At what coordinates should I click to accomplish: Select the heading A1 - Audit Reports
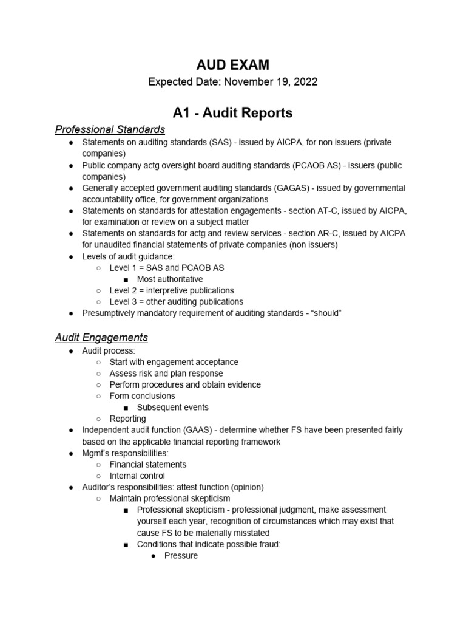(233, 112)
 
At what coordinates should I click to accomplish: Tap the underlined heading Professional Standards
(110, 129)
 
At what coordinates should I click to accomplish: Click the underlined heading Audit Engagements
(101, 337)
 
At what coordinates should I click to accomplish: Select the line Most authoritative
(170, 279)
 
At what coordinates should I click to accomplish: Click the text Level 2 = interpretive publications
(172, 290)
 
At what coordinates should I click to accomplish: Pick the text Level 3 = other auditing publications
(177, 302)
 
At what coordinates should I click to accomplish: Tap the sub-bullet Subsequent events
(172, 407)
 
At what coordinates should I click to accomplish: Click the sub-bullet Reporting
(127, 419)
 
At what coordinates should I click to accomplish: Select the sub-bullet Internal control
(137, 476)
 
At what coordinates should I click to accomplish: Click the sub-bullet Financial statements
(148, 464)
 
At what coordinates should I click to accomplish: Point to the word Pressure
(181, 555)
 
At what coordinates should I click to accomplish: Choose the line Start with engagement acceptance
(174, 362)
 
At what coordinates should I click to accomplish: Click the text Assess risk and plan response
(166, 374)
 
